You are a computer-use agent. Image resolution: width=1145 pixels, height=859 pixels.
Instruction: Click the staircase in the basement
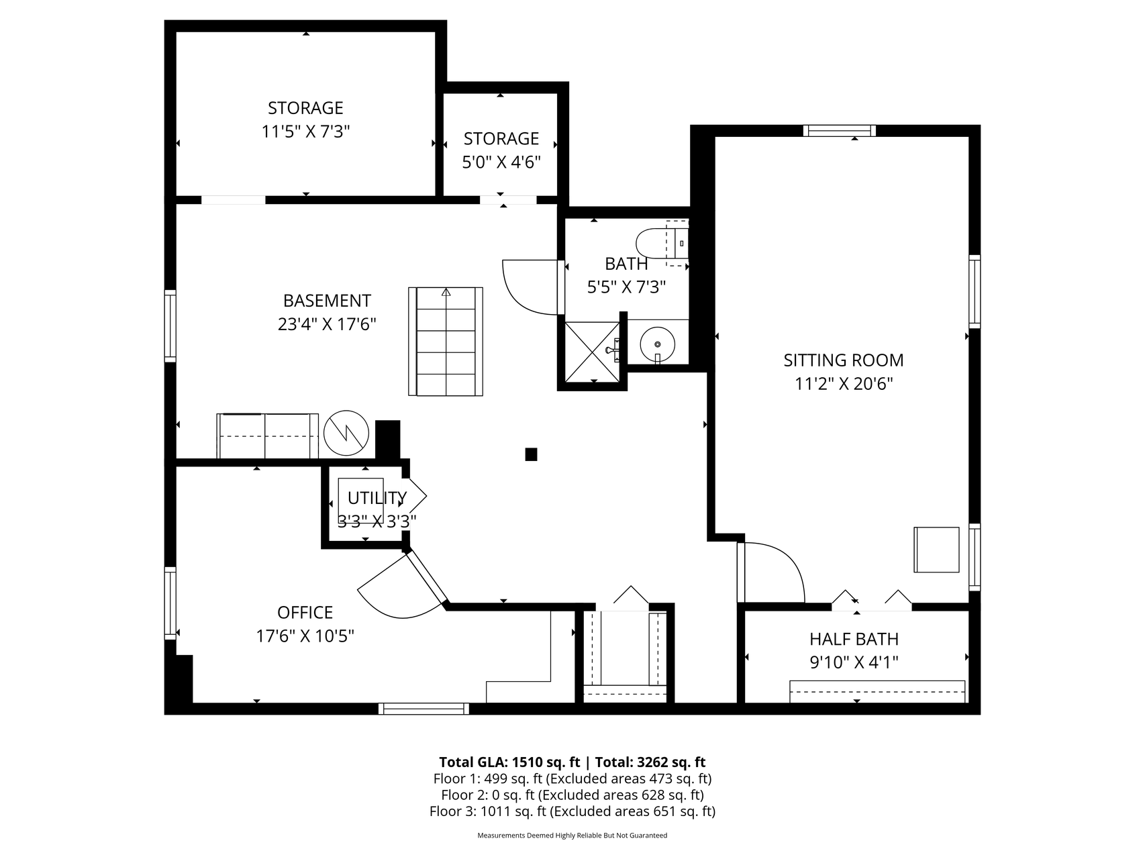click(446, 341)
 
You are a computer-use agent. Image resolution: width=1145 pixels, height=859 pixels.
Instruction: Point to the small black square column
click(531, 454)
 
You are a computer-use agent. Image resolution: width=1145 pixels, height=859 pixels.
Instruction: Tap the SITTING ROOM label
click(844, 360)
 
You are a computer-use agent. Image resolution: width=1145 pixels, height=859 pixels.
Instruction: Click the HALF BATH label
click(854, 639)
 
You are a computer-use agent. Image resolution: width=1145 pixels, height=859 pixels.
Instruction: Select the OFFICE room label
click(305, 612)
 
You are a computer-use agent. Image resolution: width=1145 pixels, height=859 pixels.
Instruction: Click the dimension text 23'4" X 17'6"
click(327, 324)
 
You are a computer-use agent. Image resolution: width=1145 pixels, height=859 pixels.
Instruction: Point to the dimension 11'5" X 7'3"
click(306, 131)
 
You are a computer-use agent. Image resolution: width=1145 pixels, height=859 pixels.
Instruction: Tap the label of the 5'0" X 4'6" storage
click(501, 138)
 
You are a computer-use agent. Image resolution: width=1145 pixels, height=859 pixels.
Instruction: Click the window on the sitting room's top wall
click(840, 130)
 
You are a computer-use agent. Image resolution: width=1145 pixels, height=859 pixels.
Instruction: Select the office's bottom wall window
click(424, 709)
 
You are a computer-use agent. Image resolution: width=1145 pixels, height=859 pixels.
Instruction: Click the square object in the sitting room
click(936, 550)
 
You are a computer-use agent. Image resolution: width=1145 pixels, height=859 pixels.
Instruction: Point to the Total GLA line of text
click(572, 762)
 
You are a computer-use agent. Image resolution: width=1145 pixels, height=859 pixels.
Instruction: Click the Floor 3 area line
click(572, 811)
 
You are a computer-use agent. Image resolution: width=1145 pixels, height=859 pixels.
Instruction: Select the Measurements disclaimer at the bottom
click(572, 836)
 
